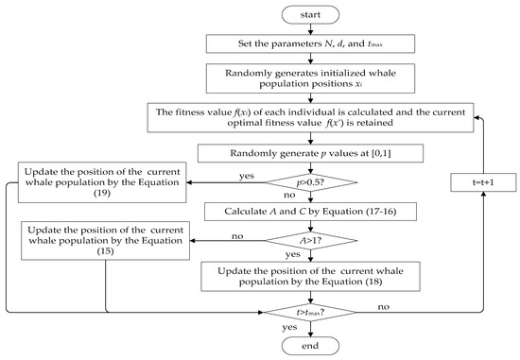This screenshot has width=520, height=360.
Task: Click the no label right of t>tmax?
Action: [380, 306]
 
